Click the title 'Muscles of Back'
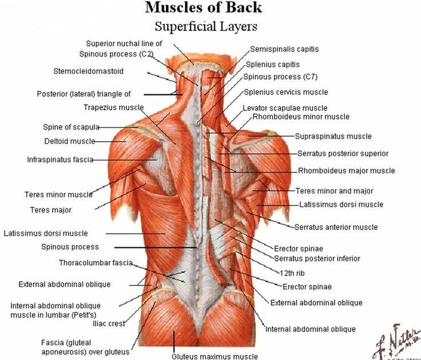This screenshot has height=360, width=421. coord(203,7)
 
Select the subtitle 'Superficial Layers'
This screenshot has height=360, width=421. coord(206,26)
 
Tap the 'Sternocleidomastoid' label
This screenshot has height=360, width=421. coord(88,71)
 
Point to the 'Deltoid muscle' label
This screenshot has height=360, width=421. coord(70,141)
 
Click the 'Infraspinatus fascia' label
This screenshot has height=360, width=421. coord(60,160)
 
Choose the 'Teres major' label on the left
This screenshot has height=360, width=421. coord(51,210)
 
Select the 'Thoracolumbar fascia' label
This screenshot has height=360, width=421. coord(96,263)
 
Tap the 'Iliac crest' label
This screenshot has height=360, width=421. coord(109,323)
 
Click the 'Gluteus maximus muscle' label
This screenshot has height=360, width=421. coord(215,356)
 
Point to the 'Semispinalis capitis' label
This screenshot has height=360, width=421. coord(284,49)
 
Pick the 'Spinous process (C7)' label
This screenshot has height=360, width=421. coord(280,77)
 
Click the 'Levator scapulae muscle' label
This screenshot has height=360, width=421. coord(285,108)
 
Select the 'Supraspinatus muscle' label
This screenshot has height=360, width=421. coord(333,136)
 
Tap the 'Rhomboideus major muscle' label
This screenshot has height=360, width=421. coord(347,171)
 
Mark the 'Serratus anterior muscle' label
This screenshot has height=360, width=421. coord(336,227)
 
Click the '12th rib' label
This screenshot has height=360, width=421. coord(292,273)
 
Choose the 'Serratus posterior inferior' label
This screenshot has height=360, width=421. coord(317,259)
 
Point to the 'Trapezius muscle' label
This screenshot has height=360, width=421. coord(114,108)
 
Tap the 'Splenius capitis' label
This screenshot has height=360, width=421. coord(272,65)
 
